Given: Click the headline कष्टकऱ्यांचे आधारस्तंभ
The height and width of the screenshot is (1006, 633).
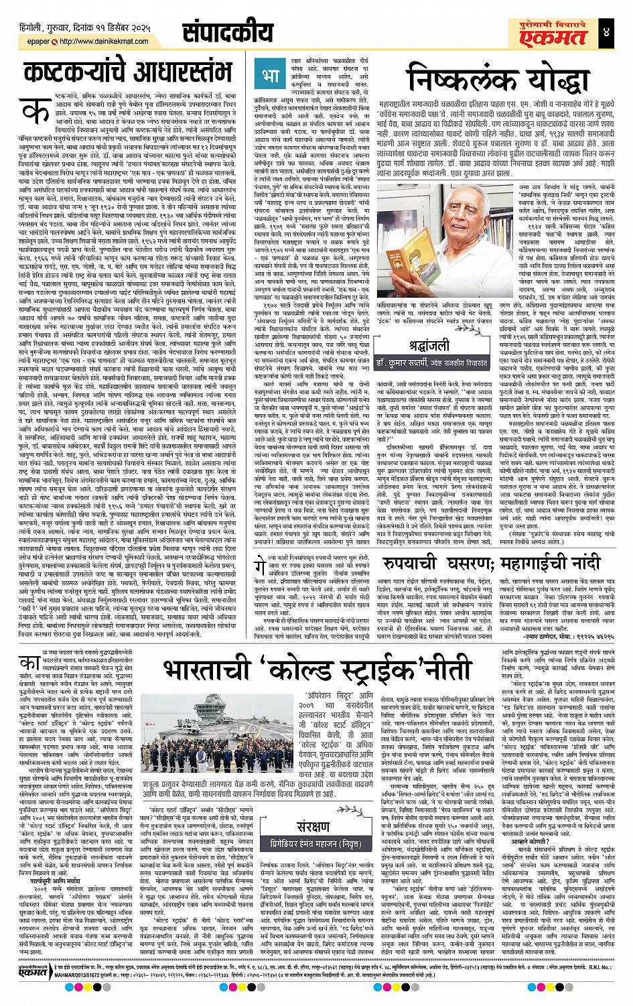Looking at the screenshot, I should coord(127,72).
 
